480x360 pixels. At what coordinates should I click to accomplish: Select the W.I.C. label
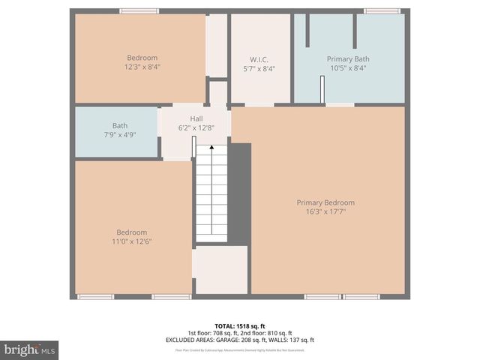[259, 59]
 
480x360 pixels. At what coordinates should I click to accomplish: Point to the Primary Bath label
[348, 58]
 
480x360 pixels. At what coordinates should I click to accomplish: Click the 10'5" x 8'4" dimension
[348, 67]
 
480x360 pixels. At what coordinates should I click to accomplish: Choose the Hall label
[196, 118]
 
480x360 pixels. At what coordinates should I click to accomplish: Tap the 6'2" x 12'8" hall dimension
[196, 127]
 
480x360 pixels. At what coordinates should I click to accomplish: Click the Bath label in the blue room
[120, 125]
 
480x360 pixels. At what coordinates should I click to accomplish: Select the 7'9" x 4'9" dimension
[120, 134]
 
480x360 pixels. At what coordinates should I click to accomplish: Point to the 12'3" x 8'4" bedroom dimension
[142, 67]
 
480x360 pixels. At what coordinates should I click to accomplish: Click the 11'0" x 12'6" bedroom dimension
[131, 241]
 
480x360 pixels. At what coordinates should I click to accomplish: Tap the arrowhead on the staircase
[211, 148]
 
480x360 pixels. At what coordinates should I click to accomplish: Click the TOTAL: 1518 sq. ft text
[240, 326]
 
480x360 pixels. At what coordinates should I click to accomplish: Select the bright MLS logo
[30, 349]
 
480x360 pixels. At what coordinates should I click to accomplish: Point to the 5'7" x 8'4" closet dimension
[259, 68]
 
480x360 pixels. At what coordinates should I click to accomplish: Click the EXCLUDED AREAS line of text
[240, 340]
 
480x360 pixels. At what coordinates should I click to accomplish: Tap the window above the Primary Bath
[381, 11]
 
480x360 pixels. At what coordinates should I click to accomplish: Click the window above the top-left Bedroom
[139, 11]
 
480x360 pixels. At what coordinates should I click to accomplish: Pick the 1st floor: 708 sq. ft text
[212, 333]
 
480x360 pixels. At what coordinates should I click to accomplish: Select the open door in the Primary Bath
[322, 90]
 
